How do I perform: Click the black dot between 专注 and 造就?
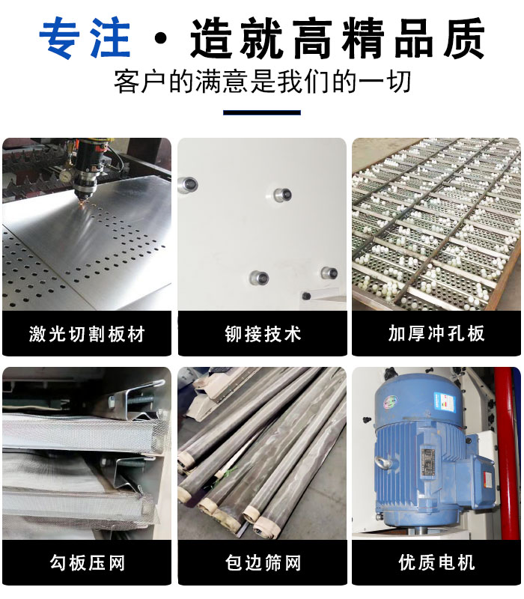click(x=158, y=39)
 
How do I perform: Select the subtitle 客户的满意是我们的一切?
click(x=262, y=81)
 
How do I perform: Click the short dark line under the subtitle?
click(x=262, y=113)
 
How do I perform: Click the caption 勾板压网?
click(x=87, y=562)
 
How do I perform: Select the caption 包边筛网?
click(x=262, y=562)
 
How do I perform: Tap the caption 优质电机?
click(x=436, y=562)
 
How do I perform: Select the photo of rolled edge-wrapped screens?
click(x=262, y=453)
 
